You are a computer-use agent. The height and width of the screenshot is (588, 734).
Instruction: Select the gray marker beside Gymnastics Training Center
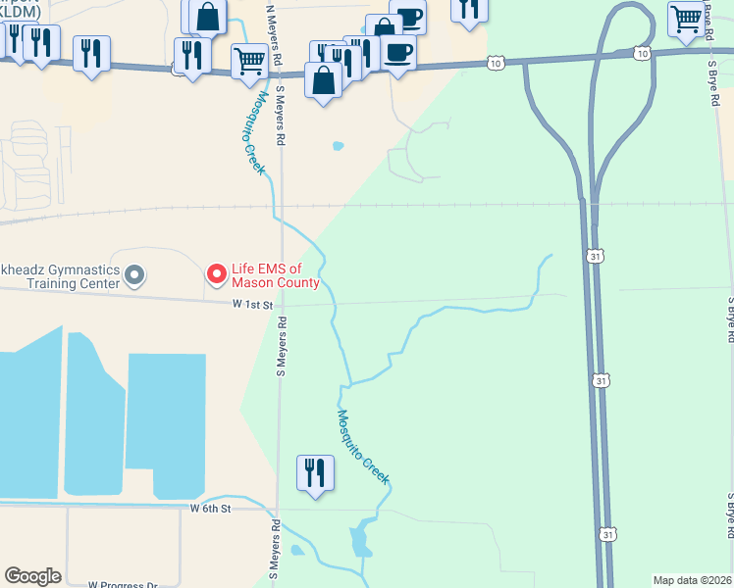pyautogui.click(x=135, y=276)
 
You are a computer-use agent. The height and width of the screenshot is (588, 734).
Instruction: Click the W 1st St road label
pyautogui.click(x=252, y=306)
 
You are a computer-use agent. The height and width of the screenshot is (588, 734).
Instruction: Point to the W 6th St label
pyautogui.click(x=210, y=509)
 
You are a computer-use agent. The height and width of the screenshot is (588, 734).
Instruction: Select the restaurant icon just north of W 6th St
pyautogui.click(x=315, y=473)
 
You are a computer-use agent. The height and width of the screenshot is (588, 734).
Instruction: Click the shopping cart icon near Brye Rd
pyautogui.click(x=685, y=17)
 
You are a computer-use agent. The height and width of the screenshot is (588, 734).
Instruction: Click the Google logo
pyautogui.click(x=32, y=576)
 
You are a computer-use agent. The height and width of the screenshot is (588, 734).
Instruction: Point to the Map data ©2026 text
pyautogui.click(x=691, y=580)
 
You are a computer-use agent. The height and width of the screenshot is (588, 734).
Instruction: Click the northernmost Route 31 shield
pyautogui.click(x=595, y=256)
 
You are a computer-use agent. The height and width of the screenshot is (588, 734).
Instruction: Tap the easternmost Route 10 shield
pyautogui.click(x=641, y=53)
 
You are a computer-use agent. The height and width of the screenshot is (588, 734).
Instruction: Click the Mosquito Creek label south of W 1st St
pyautogui.click(x=363, y=446)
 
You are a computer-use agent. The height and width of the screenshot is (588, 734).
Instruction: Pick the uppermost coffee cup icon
pyautogui.click(x=408, y=16)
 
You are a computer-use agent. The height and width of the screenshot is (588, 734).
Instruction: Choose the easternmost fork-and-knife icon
pyautogui.click(x=469, y=8)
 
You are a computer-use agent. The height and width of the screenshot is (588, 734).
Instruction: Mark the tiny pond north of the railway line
pyautogui.click(x=339, y=146)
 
